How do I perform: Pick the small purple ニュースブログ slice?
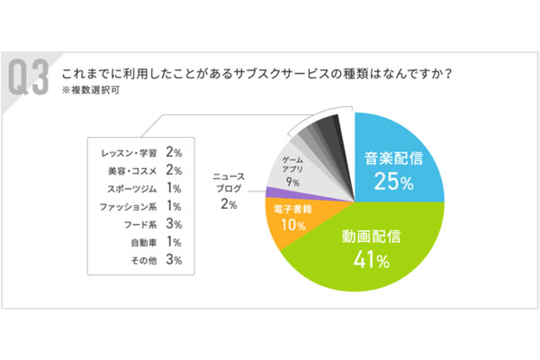point(272,193)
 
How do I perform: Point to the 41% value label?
point(371,262)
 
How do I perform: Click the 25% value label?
point(392,184)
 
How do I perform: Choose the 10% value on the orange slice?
point(292,225)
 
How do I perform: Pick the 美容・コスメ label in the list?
point(130,170)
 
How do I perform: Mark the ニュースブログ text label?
point(227,184)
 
